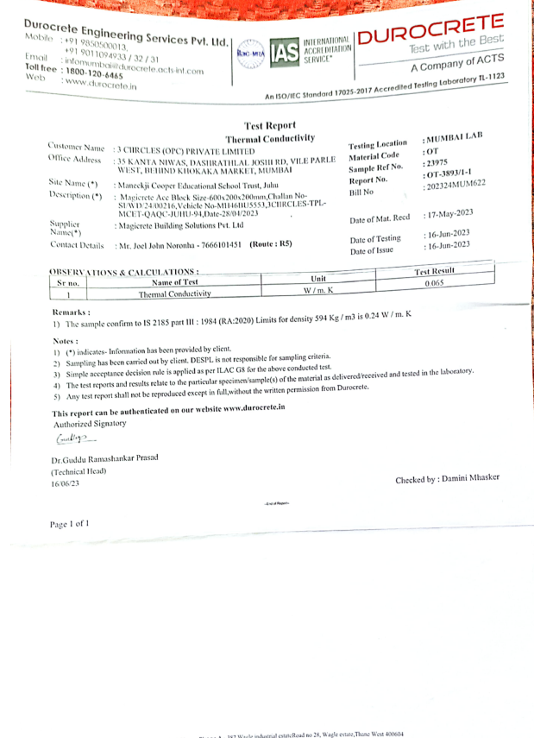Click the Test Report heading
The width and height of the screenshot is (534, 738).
[x=270, y=125]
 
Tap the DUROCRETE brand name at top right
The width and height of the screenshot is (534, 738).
[x=429, y=31]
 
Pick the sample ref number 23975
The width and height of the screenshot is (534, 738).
[x=437, y=163]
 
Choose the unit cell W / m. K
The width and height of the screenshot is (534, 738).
[x=317, y=290]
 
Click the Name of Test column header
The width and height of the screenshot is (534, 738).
[x=175, y=282]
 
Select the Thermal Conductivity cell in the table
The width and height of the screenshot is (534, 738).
[x=175, y=294]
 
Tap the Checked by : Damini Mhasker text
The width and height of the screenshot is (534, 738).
[x=446, y=478]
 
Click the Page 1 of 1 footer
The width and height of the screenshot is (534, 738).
[x=69, y=524]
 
